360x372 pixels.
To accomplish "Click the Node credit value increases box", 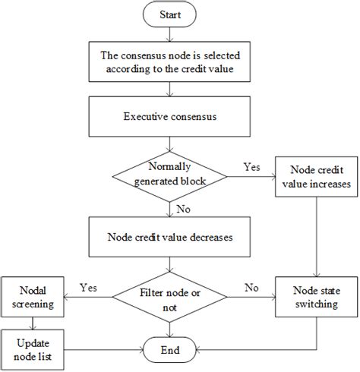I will [x=316, y=176].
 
